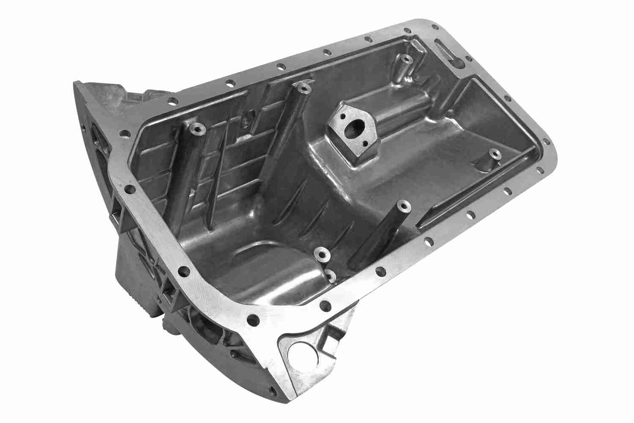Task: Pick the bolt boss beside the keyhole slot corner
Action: [405, 59]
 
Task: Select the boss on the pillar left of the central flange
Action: [303, 88]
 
